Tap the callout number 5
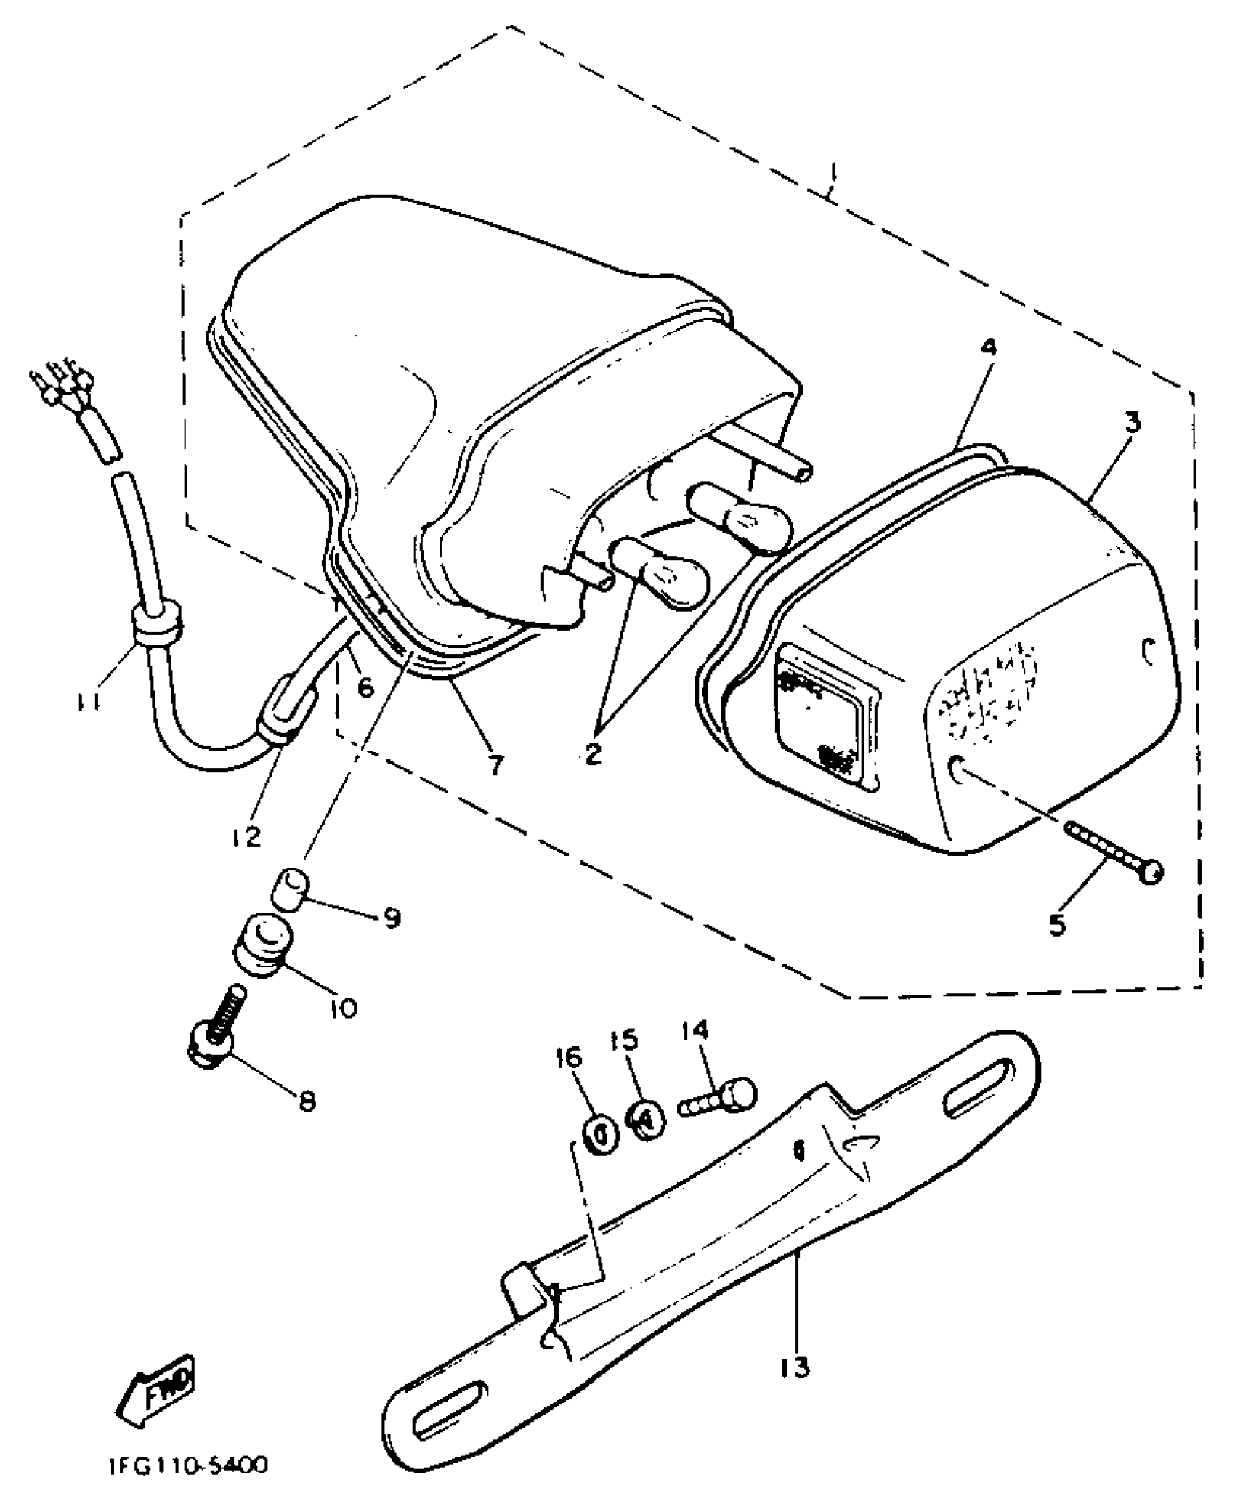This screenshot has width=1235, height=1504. click(x=1057, y=924)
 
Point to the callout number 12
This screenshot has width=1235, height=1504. click(x=247, y=837)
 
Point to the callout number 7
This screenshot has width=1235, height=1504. click(x=495, y=764)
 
